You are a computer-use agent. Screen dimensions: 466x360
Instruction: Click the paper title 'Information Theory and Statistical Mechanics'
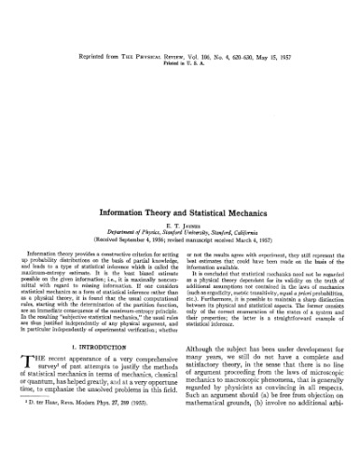coord(180,212)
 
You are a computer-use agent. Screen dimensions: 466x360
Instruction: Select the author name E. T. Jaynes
coord(180,226)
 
